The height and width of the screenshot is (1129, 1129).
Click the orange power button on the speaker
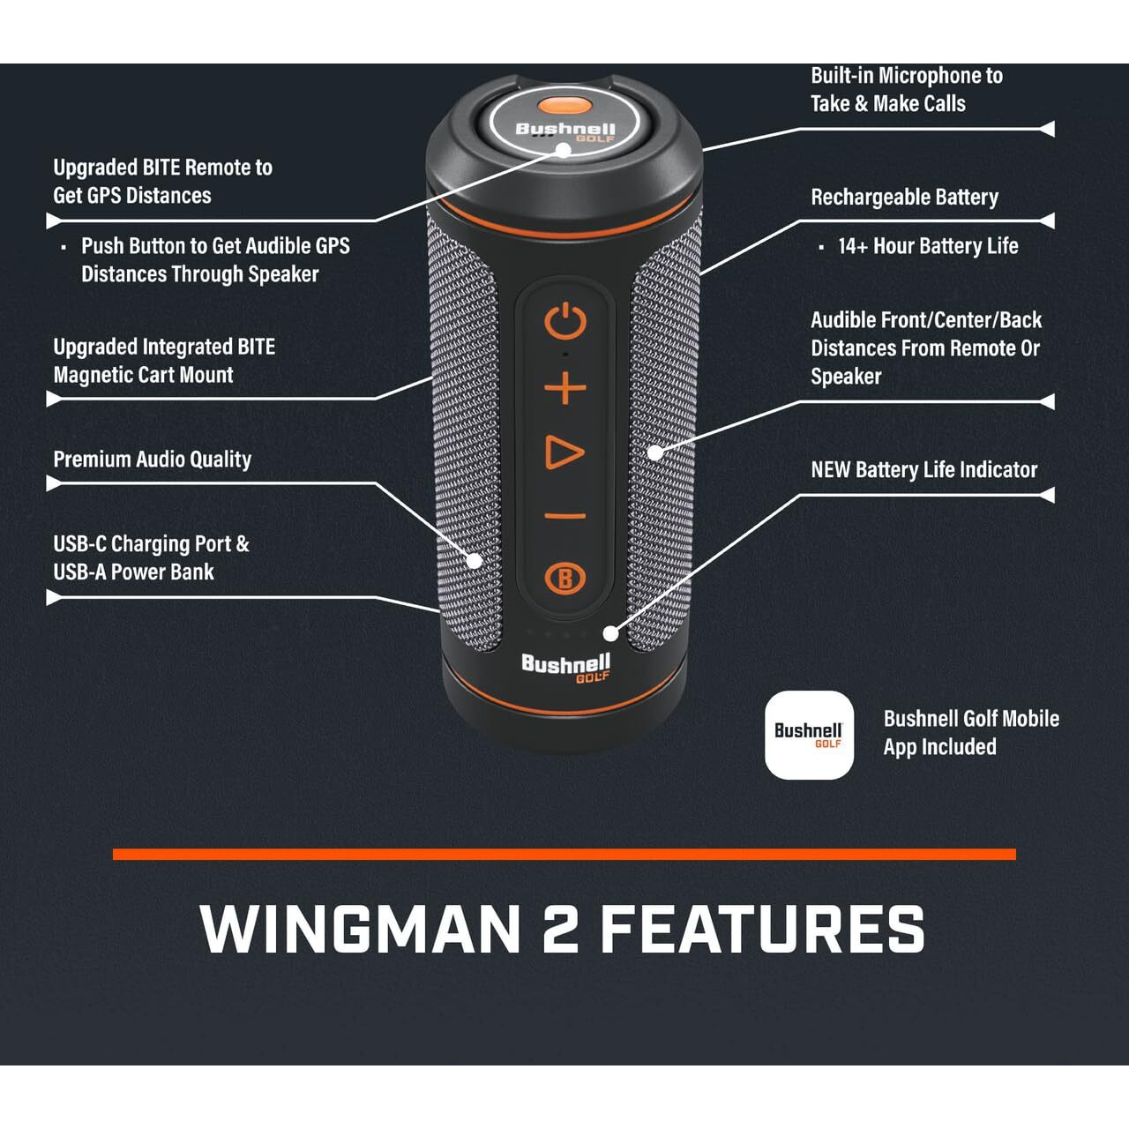point(564,322)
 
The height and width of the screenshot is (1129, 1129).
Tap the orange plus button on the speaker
point(564,388)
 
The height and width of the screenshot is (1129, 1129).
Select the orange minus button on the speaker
point(564,517)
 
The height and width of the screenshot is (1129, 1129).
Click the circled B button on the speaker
point(564,579)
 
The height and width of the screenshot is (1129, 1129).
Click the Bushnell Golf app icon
point(809,736)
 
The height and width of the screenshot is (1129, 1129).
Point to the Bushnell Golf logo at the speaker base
point(564,668)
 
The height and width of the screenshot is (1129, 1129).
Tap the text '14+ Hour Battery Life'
point(928,246)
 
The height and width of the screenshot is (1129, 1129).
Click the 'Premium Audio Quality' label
point(152,459)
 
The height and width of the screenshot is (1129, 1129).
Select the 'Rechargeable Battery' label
point(904,197)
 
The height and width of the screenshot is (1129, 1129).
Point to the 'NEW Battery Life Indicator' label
point(923,469)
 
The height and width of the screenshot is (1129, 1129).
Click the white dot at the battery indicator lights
point(610,633)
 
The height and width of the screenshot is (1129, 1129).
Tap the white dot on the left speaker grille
point(475,560)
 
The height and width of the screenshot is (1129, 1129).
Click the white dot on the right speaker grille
point(654,452)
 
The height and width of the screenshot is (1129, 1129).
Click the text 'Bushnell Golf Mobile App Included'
point(970,732)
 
